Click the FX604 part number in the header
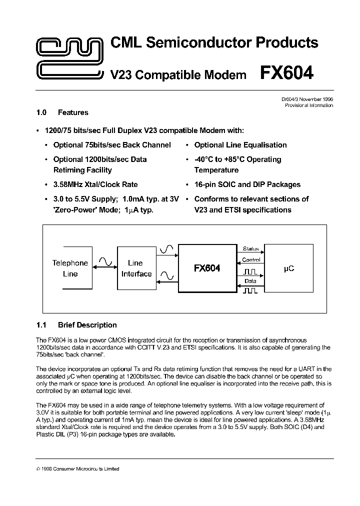click(x=286, y=73)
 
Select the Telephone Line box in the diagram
click(x=70, y=268)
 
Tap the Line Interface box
click(x=136, y=268)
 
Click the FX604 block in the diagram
click(x=206, y=268)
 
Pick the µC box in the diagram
click(x=288, y=268)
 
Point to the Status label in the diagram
click(x=250, y=248)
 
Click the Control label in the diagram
click(x=250, y=260)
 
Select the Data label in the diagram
click(x=250, y=281)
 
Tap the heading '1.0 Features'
click(x=62, y=112)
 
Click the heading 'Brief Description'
click(x=87, y=325)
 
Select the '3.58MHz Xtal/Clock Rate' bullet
click(x=95, y=184)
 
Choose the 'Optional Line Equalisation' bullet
click(x=240, y=145)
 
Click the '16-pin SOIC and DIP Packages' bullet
click(x=247, y=184)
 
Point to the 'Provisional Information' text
click(x=308, y=105)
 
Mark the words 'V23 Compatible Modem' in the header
click(x=178, y=75)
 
